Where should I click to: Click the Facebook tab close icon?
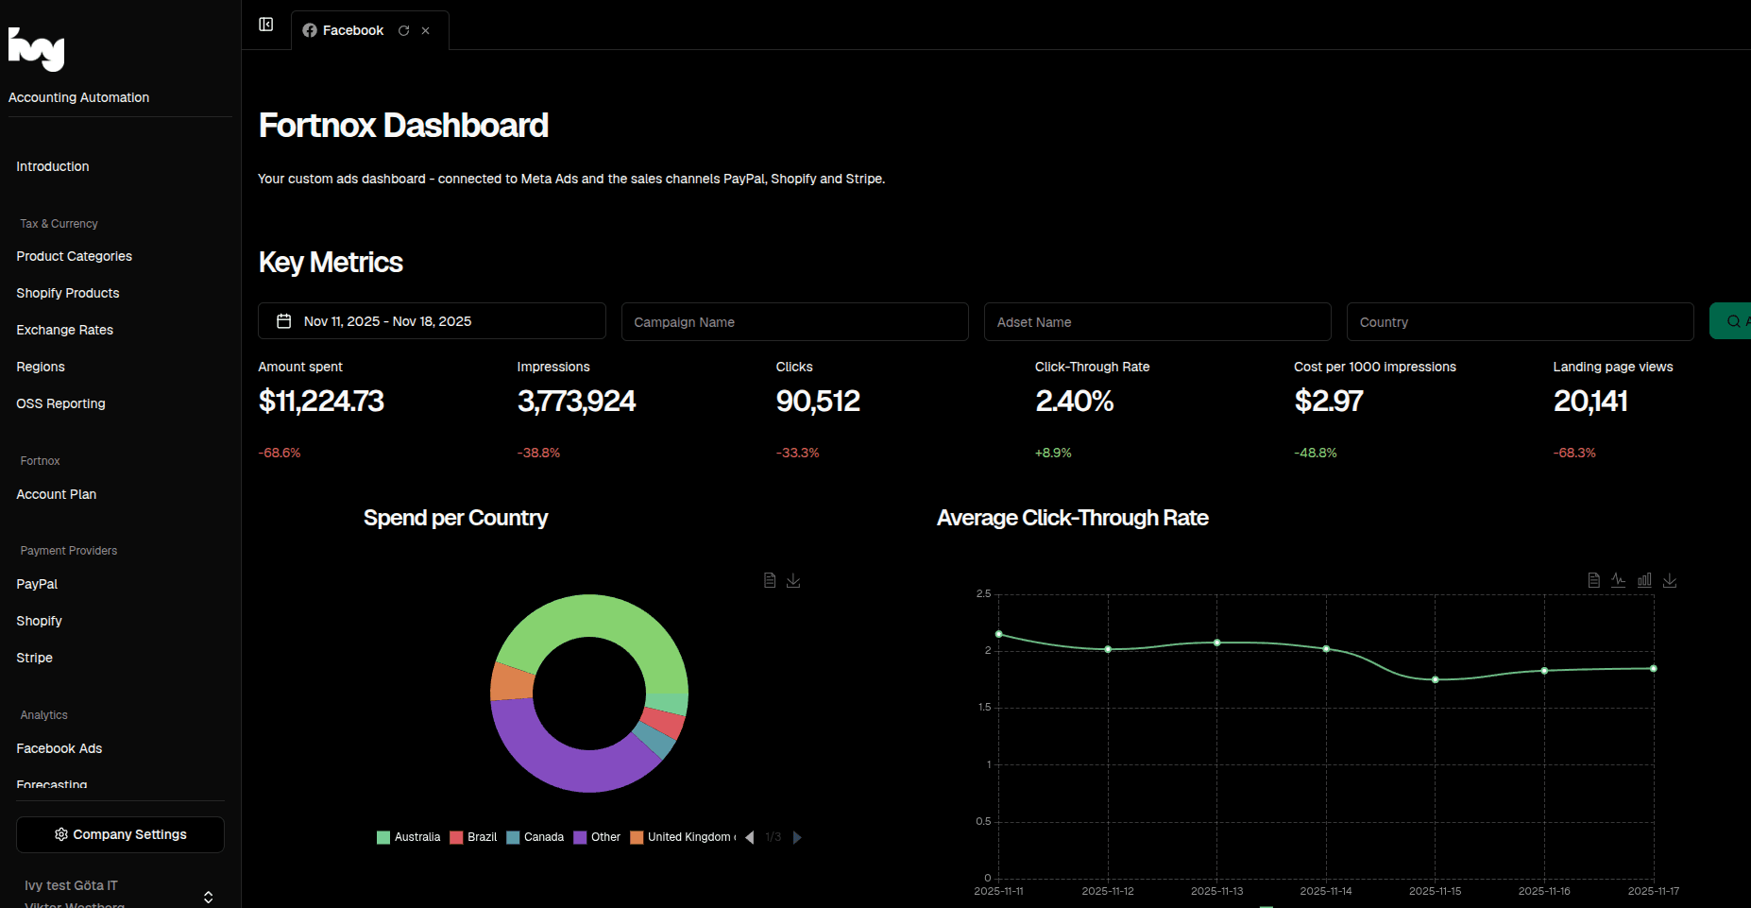(x=426, y=31)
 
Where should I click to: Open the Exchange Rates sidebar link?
(x=64, y=330)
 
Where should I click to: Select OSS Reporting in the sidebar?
(x=60, y=403)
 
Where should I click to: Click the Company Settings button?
(x=120, y=834)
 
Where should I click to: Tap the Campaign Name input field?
(x=794, y=322)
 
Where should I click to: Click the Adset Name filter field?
(x=1157, y=322)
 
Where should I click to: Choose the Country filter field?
(x=1520, y=322)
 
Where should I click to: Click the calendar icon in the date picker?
(x=283, y=321)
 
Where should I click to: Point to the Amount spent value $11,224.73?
(x=321, y=402)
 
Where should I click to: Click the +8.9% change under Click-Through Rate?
(x=1053, y=454)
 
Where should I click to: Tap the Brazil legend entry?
(x=474, y=837)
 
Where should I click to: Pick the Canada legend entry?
(x=535, y=837)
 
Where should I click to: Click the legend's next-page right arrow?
(x=797, y=837)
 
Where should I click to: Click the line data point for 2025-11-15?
(x=1435, y=679)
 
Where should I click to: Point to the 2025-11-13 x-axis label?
(x=1216, y=891)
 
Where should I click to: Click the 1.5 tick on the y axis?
(x=985, y=707)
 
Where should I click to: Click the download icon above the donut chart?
(x=793, y=580)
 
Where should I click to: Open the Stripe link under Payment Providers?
(x=34, y=658)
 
